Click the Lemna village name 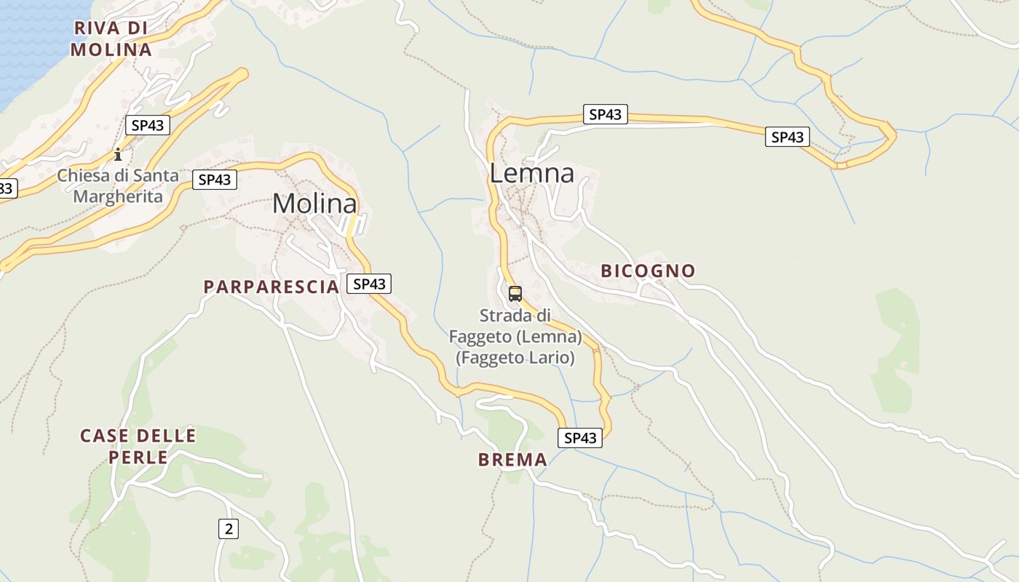coord(531,173)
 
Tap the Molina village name coord(314,204)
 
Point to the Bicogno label coord(648,271)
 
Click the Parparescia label coord(271,287)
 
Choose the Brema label coord(512,460)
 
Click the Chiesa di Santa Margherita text coord(117,186)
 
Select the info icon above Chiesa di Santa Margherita coord(118,154)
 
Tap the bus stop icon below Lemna coord(515,294)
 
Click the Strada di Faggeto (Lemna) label coord(515,337)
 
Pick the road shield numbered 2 coord(229,529)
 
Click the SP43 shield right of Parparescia coord(369,284)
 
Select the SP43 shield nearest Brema coord(580,438)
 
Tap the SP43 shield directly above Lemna coord(605,114)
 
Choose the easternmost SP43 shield coord(787,137)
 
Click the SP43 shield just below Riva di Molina coord(148,125)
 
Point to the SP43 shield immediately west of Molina coord(215,180)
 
